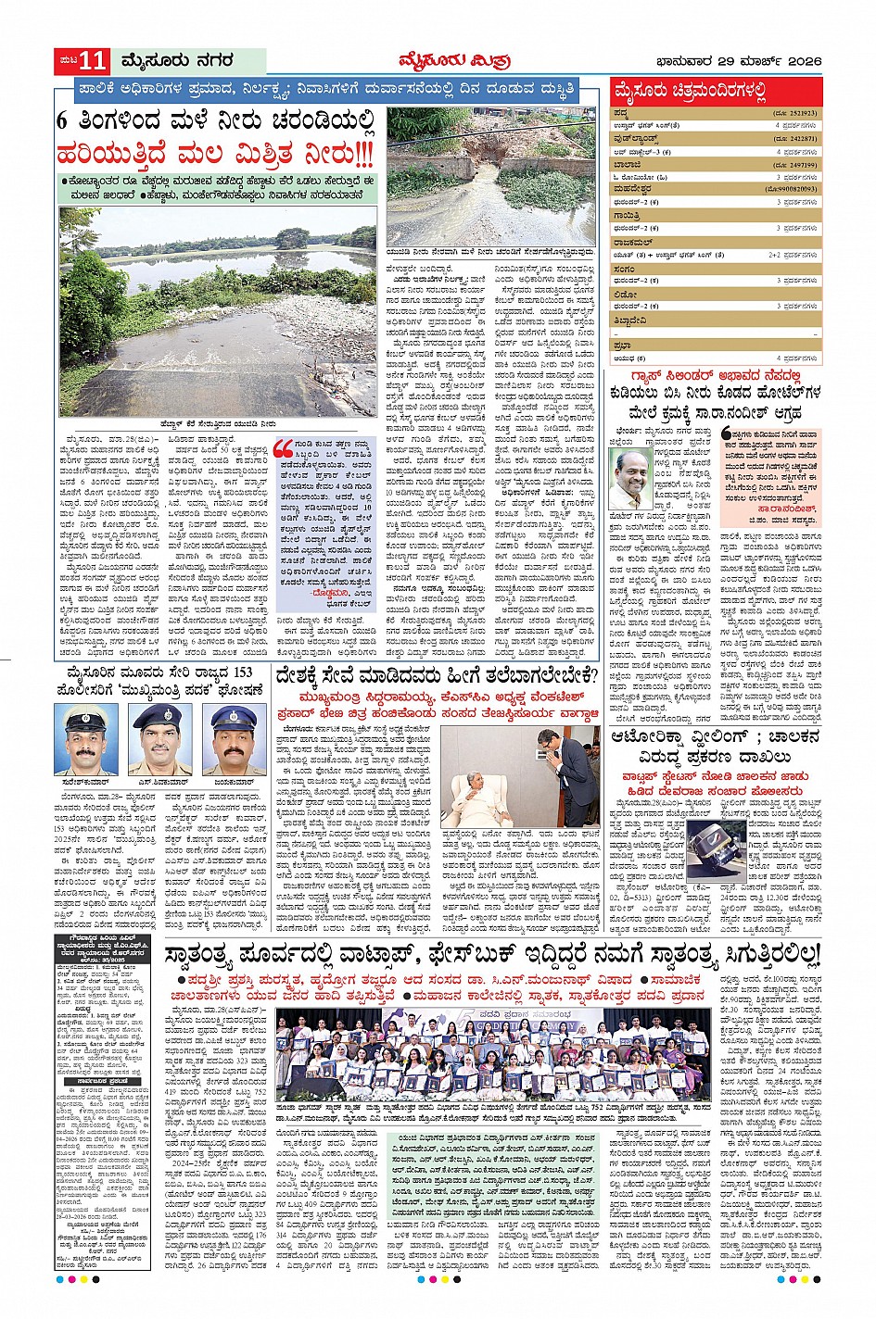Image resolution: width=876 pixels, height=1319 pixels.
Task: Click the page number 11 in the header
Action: point(94,62)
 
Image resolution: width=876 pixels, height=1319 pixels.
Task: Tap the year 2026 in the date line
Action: point(802,62)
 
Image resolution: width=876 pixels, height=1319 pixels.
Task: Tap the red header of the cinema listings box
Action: point(716,92)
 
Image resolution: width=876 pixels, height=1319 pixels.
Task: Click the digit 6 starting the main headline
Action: point(62,122)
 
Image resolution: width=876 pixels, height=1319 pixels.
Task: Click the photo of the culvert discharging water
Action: point(491,176)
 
